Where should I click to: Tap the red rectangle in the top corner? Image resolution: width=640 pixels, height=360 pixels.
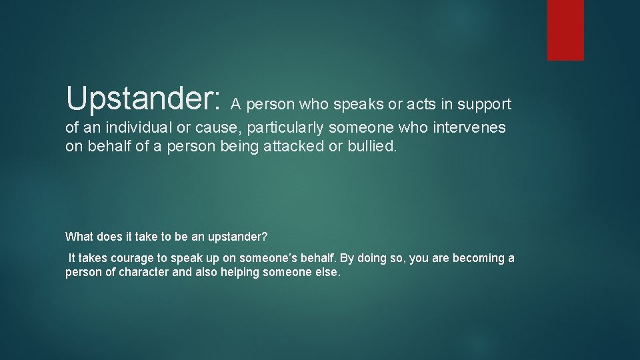pyautogui.click(x=565, y=30)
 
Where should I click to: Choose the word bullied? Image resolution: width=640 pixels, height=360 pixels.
pyautogui.click(x=372, y=146)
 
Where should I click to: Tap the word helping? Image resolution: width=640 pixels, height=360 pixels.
pyautogui.click(x=242, y=273)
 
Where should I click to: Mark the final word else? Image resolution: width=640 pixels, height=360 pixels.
pyautogui.click(x=329, y=273)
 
